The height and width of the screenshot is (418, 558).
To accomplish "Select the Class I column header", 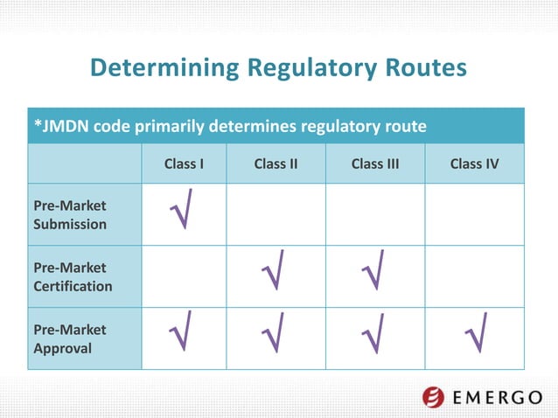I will click(184, 164).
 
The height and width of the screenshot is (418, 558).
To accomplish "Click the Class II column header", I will click(276, 164).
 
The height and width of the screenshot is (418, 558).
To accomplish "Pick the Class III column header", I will click(374, 164).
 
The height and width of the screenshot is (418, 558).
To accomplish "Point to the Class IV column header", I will click(475, 164).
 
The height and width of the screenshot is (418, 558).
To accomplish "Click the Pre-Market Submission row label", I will click(70, 214).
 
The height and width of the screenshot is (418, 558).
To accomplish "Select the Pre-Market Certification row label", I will click(73, 276).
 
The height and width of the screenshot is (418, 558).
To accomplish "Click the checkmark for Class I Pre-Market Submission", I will click(182, 210).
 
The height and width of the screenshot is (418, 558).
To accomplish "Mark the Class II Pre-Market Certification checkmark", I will click(273, 273).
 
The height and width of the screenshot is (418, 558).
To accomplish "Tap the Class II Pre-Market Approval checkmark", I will click(273, 336).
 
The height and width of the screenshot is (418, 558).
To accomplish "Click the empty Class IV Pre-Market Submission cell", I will click(474, 214).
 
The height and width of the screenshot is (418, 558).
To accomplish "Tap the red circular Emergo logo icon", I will click(433, 396).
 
